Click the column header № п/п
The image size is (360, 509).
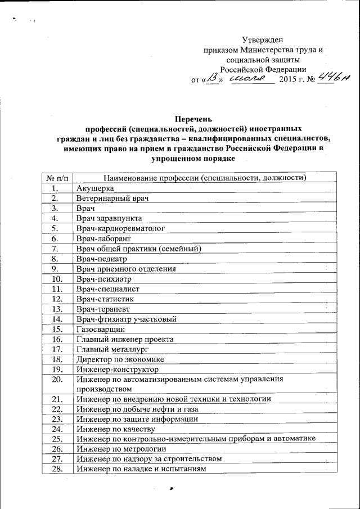58,178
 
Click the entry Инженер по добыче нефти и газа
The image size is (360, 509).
137,409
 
